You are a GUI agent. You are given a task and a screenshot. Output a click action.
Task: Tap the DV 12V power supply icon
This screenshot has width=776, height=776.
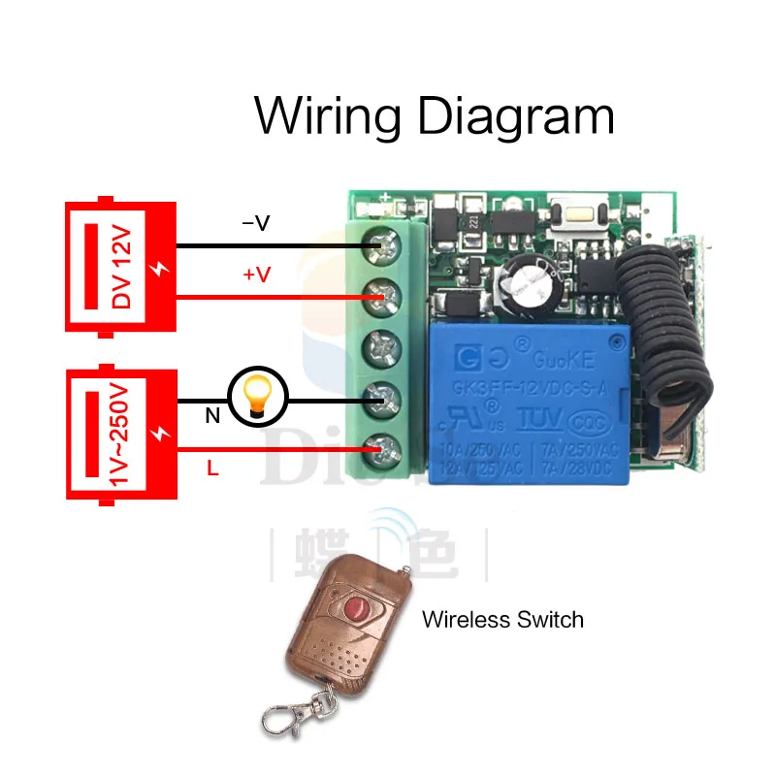119,260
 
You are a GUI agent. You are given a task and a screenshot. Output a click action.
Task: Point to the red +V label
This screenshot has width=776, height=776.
256,275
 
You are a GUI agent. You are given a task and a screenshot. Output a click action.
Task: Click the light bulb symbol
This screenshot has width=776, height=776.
257,397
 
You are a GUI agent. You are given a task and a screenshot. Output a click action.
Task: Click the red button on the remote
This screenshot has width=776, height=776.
353,608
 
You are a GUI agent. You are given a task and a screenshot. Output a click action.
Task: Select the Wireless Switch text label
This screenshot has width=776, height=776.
502,619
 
